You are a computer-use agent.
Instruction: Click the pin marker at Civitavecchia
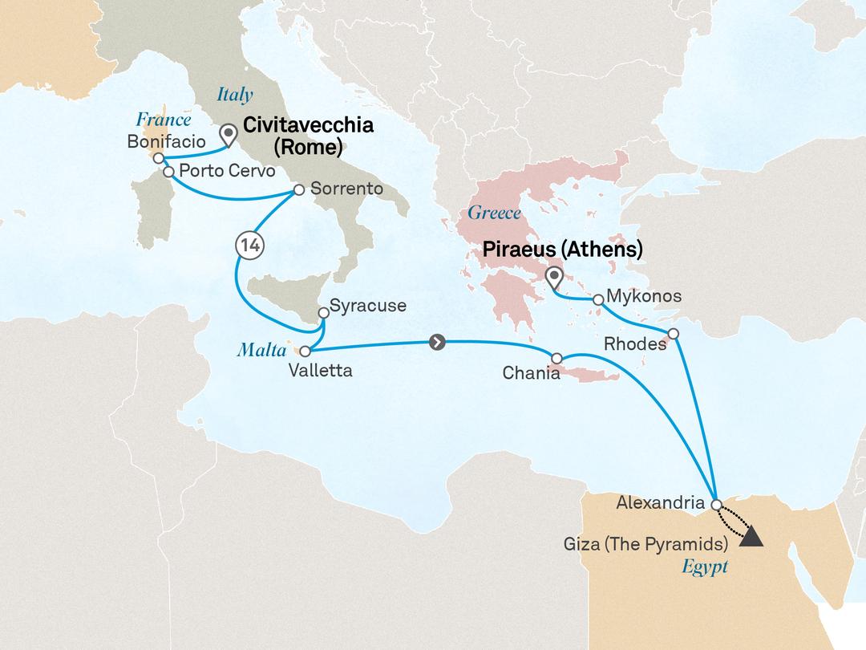(229, 134)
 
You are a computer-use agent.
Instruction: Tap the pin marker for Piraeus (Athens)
(554, 278)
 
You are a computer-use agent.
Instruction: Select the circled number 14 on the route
(249, 246)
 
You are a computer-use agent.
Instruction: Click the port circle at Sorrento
(298, 190)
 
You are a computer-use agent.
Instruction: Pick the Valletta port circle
(305, 351)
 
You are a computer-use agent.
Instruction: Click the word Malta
(257, 349)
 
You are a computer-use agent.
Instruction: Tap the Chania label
(530, 373)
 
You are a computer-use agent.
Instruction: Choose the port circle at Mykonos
(598, 299)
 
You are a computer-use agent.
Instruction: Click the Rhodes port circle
(674, 333)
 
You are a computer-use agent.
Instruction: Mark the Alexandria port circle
(716, 504)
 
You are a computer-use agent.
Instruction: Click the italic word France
(164, 120)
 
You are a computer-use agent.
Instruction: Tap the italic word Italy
(235, 95)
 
